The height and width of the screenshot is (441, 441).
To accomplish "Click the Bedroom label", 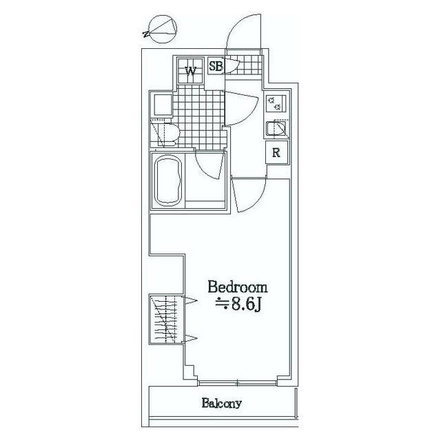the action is click(x=238, y=288).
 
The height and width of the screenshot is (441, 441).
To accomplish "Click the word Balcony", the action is click(x=222, y=403).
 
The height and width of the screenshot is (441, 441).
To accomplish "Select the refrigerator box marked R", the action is click(x=277, y=152).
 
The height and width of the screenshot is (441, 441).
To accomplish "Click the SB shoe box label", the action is click(x=216, y=66).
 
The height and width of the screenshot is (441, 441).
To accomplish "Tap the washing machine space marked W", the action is click(x=190, y=70).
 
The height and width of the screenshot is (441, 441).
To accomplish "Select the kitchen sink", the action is click(x=276, y=129).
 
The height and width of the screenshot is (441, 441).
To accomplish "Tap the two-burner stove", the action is click(x=276, y=103).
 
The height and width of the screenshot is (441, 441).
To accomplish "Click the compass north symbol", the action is click(x=161, y=30).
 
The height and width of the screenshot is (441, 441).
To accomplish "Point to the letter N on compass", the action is click(x=146, y=34).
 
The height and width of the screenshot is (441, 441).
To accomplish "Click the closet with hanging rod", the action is click(x=165, y=319).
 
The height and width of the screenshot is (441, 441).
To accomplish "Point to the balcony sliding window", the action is click(x=238, y=383).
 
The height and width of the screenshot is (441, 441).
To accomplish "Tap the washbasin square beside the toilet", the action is click(x=162, y=105).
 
